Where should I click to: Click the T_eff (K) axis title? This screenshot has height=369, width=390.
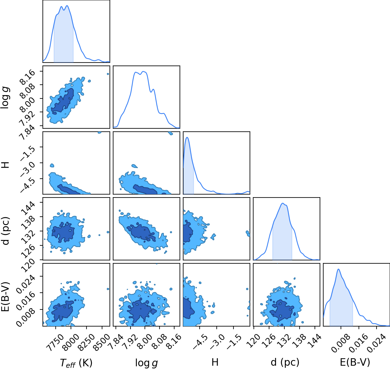[x=76, y=363]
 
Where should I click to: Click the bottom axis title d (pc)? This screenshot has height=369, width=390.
[x=285, y=362]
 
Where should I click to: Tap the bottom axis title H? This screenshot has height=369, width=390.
[x=215, y=362]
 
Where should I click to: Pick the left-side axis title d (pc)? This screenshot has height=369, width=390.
[x=6, y=231]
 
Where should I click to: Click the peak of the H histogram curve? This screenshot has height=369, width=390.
[x=187, y=137]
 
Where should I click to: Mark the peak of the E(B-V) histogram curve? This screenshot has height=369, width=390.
[x=339, y=269]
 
